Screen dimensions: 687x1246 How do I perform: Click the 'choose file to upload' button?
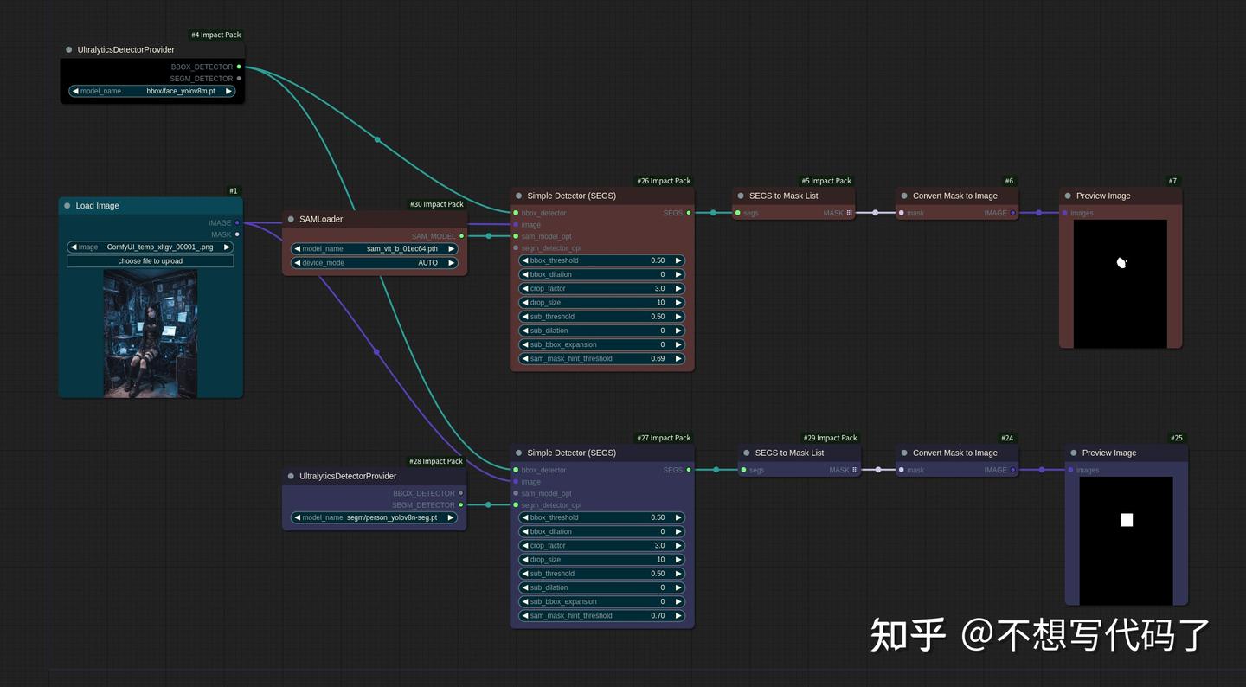coord(150,261)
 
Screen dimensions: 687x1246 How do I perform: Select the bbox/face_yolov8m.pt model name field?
coord(152,91)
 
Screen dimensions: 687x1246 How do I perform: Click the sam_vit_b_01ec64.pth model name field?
coord(374,249)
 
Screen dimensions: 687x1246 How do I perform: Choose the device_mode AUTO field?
coord(374,263)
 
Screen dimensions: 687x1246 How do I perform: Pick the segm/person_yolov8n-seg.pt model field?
coord(374,517)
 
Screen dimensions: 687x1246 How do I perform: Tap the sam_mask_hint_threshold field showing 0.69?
coord(601,358)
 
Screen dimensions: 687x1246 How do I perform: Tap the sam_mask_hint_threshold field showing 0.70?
coord(601,616)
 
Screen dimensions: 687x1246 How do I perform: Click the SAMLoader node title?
coord(321,220)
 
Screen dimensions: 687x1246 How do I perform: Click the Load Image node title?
coord(97,206)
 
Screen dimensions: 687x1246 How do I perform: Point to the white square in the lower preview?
coord(1127,520)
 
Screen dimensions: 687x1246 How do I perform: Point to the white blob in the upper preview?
coord(1121,262)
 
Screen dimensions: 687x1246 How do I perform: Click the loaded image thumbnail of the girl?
coord(150,333)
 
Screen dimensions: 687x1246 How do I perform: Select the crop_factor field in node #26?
coord(601,289)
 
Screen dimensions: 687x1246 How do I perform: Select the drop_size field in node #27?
coord(601,560)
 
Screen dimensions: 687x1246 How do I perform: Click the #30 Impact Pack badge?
coord(436,205)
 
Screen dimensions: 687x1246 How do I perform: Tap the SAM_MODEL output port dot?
coord(461,236)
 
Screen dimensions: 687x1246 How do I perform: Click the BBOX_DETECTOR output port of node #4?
coord(239,67)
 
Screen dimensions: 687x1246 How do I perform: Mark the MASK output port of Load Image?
coord(237,234)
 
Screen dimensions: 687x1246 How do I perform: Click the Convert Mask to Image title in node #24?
coord(954,453)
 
